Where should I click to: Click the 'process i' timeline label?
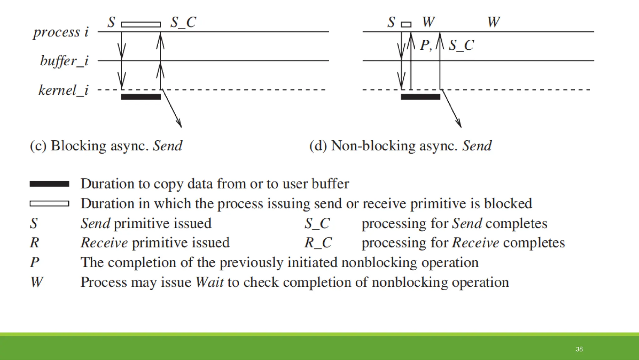(x=61, y=32)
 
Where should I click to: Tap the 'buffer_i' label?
(x=64, y=61)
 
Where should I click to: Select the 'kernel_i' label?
(x=63, y=90)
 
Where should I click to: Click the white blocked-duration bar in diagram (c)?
(x=141, y=24)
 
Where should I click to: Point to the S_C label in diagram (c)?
(x=183, y=22)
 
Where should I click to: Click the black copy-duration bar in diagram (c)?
(x=141, y=97)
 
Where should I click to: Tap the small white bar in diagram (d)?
(x=406, y=24)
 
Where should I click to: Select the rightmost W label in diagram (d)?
(x=494, y=22)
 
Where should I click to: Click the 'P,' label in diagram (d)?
(x=426, y=45)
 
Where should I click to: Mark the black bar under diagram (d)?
(x=420, y=97)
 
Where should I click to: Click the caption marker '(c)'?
(x=38, y=146)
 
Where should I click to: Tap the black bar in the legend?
(x=49, y=184)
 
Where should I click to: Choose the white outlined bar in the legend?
(x=49, y=203)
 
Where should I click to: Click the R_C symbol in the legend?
(x=318, y=242)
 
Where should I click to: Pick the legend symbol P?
(x=34, y=262)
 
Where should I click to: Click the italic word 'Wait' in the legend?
(x=209, y=282)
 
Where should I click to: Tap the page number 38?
(x=579, y=349)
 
